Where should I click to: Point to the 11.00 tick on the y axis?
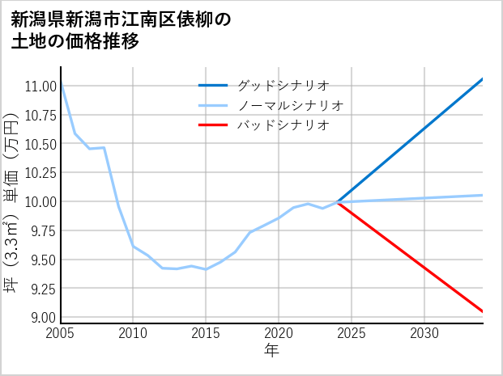[40, 86]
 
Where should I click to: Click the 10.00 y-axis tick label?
[40, 201]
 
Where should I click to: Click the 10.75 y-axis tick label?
[40, 115]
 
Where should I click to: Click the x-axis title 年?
[271, 351]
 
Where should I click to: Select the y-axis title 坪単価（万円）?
[12, 202]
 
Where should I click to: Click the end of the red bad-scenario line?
[483, 311]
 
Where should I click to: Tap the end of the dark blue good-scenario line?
[483, 79]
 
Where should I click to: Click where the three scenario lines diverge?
[337, 201]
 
